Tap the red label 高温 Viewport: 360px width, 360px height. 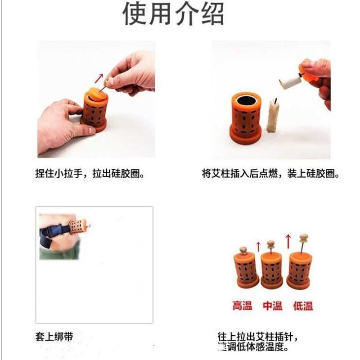click(242, 306)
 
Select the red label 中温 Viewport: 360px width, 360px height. click(273, 306)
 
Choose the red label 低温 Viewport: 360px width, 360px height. click(303, 306)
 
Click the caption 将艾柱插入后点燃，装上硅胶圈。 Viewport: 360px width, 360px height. click(270, 174)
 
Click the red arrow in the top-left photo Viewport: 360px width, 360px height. click(100, 78)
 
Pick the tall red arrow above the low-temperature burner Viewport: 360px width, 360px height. click(288, 239)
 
